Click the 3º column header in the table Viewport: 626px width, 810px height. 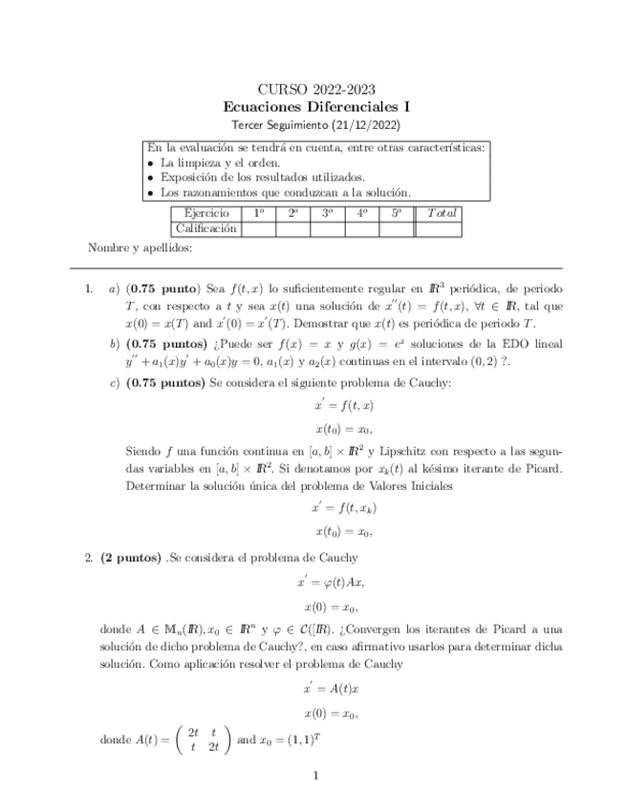point(328,213)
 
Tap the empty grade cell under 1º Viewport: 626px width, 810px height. point(258,228)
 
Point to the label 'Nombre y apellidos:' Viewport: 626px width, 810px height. point(140,248)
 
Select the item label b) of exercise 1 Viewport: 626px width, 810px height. point(115,343)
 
